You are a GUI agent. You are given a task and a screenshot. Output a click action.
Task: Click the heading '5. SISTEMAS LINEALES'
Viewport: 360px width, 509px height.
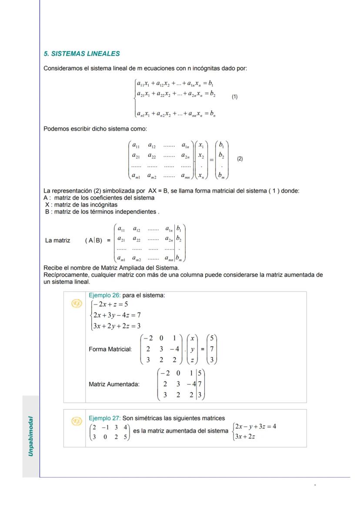point(82,54)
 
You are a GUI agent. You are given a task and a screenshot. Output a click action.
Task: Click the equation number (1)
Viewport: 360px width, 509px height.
point(234,97)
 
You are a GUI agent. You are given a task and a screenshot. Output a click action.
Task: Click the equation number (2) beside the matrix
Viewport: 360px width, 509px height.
point(240,159)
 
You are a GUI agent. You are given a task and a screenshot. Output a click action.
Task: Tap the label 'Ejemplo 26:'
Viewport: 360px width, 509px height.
point(104,295)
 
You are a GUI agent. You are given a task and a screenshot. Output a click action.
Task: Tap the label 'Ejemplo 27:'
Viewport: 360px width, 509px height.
point(104,418)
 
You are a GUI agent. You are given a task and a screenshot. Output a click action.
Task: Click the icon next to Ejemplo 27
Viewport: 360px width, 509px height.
point(76,421)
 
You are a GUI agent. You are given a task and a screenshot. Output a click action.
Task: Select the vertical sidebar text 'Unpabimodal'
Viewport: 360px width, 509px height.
point(31,436)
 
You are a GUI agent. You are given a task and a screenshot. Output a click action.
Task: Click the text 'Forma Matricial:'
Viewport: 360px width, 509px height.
point(110,349)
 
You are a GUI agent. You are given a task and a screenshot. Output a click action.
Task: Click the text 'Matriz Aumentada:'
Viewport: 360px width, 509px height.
point(114,384)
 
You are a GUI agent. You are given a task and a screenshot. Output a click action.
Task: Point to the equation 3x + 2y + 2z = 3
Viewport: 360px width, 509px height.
point(116,326)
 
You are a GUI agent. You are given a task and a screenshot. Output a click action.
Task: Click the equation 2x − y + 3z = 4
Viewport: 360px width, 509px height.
point(256,426)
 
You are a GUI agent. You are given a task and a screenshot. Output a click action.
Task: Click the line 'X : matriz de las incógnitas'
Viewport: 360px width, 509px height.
point(81,205)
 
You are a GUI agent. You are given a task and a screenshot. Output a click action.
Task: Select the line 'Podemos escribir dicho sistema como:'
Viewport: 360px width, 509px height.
point(95,129)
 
